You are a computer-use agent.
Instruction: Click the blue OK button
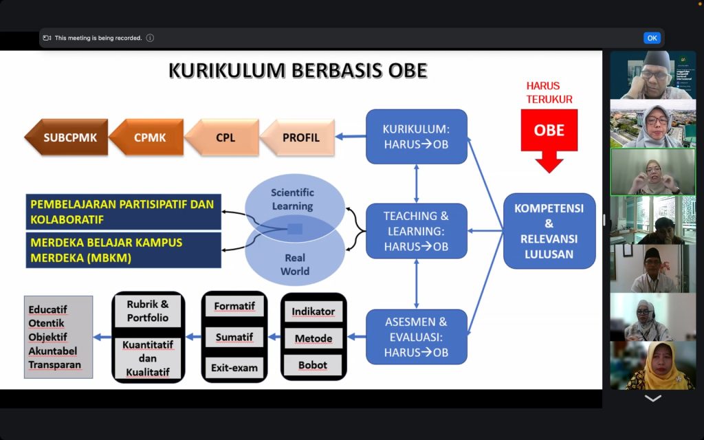pos(652,38)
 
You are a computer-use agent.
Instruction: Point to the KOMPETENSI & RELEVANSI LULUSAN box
pos(549,231)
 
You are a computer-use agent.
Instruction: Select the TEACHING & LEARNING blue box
pos(416,231)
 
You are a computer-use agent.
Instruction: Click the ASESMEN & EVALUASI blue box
pos(416,337)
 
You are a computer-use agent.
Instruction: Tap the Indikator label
pos(313,311)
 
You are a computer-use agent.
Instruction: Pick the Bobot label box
pos(313,366)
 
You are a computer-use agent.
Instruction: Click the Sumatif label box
pos(234,337)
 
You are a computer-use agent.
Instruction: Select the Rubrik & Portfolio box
pos(148,311)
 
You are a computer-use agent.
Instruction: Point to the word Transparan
pos(55,364)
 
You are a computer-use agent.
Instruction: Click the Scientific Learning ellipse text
pos(292,199)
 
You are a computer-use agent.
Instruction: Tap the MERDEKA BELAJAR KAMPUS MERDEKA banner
pos(124,250)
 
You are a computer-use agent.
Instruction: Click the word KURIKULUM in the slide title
pos(227,71)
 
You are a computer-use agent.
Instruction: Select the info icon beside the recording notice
pos(151,38)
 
